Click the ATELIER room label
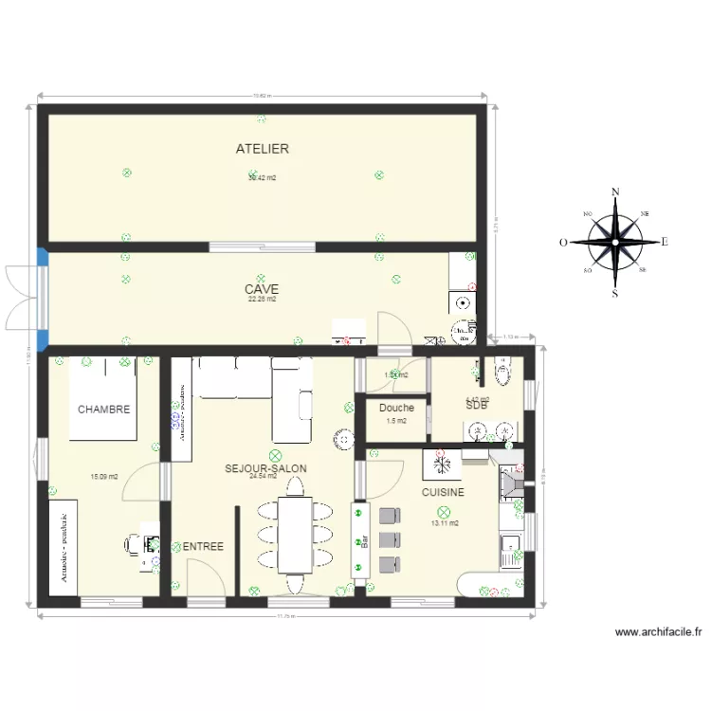click(263, 149)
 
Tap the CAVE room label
click(262, 289)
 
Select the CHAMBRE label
click(103, 410)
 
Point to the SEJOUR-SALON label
click(265, 468)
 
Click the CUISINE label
click(443, 493)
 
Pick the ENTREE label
click(203, 547)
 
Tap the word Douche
click(396, 409)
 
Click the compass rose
click(615, 242)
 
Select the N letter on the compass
click(616, 192)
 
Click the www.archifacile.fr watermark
click(657, 632)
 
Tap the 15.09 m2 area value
click(103, 477)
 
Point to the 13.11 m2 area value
click(445, 523)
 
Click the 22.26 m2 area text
click(262, 300)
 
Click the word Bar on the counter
click(363, 542)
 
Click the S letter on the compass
click(615, 293)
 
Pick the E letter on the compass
click(665, 242)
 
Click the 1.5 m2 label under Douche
click(396, 421)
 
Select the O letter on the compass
click(563, 242)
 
